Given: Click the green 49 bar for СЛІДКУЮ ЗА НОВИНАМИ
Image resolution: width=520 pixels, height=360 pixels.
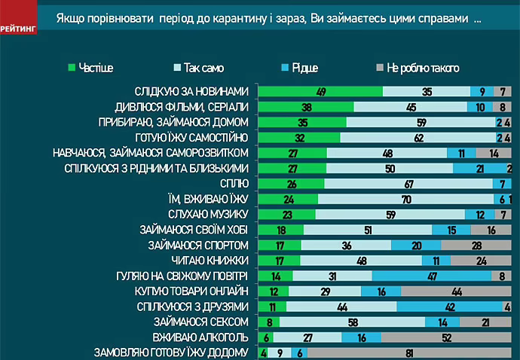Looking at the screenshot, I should click(x=320, y=91).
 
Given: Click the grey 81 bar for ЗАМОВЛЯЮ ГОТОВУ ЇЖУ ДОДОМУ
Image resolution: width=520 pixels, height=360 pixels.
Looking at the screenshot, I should click(x=409, y=352).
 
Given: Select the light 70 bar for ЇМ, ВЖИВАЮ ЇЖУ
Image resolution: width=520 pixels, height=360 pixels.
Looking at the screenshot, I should click(x=405, y=200).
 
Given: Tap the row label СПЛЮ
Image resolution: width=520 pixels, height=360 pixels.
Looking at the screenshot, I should click(x=234, y=184).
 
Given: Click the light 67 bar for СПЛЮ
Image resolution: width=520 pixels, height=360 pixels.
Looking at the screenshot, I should click(x=408, y=184).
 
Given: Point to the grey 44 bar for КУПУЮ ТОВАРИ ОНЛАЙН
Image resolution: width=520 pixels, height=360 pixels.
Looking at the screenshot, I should click(x=457, y=291).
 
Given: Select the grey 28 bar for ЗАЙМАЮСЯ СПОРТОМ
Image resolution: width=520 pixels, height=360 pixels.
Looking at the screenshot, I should click(x=477, y=246).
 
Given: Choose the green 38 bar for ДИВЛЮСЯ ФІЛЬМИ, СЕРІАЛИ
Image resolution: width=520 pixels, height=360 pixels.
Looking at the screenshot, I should click(x=306, y=107).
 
